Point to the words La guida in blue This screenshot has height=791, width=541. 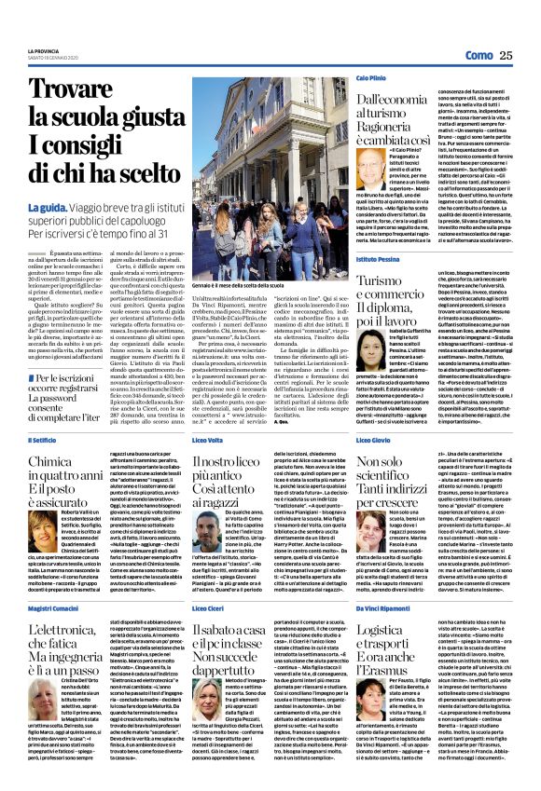[x=48, y=206]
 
